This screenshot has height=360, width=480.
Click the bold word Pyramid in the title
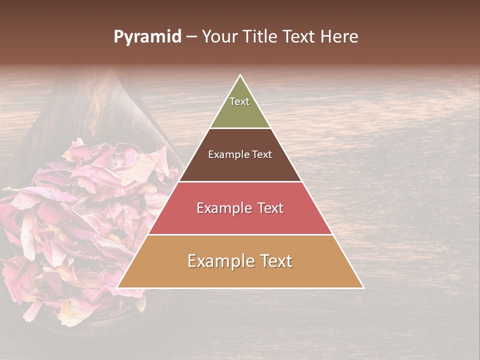pos(147,37)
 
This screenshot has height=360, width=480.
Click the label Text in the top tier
pos(239,101)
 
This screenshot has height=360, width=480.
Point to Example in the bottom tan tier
pos(218,261)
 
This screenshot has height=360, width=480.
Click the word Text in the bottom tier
pos(274,261)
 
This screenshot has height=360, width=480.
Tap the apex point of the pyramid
pos(240,75)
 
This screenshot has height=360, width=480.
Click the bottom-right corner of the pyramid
pos(363,287)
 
